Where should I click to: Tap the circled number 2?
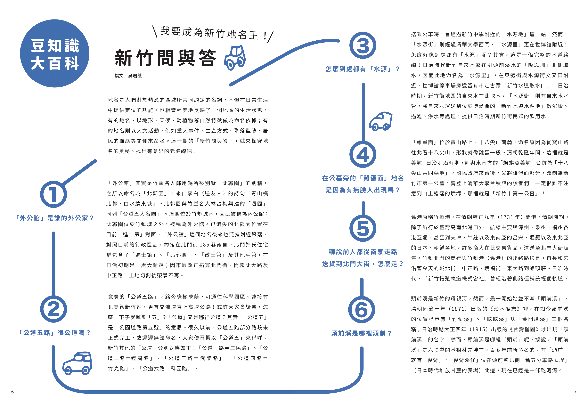point(54,309)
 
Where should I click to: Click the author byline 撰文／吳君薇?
point(128,76)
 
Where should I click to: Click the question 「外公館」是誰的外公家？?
point(55,218)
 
